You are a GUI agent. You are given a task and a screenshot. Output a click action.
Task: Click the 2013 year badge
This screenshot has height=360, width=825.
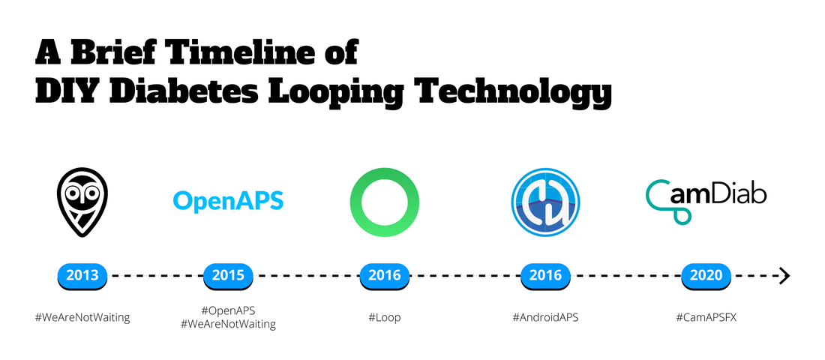82,275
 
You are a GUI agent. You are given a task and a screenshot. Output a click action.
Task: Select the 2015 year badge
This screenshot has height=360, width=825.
228,275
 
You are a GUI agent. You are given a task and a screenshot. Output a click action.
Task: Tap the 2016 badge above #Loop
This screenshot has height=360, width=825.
385,275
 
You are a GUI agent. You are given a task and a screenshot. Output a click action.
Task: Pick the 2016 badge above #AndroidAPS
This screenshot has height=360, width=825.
545,275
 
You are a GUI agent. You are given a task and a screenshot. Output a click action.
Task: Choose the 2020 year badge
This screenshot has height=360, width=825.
706,275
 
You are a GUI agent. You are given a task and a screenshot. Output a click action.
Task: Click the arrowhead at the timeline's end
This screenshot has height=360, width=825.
785,275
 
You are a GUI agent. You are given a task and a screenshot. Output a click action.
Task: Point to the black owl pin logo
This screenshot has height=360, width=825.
82,202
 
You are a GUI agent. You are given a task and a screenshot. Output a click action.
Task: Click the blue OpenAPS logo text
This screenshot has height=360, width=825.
228,201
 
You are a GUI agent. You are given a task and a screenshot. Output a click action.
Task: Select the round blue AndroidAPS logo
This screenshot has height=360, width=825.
545,202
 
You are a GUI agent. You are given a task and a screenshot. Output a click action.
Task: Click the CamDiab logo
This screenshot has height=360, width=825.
706,202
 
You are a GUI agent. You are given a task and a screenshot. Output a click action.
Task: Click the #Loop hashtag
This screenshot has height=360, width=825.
385,318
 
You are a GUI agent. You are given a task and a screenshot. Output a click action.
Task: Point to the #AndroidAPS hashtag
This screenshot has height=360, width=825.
545,318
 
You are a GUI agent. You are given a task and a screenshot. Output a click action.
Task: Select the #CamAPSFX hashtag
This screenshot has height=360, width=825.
706,318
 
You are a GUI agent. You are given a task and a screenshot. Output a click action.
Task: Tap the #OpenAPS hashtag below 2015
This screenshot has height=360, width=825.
228,311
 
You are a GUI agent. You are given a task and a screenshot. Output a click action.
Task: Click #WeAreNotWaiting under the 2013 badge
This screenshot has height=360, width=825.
82,318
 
